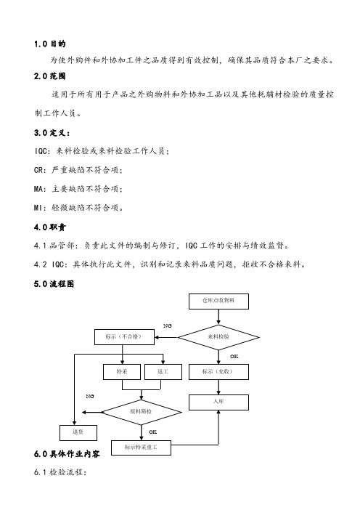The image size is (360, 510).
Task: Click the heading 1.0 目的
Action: coord(49,44)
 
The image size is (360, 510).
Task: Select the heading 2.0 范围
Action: coord(49,76)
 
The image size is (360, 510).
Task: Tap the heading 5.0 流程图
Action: coord(54,284)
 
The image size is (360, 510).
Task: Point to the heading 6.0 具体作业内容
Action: coord(67,454)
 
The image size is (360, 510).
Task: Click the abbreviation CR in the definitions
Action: coord(38,170)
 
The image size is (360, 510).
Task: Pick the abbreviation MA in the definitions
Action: coord(38,189)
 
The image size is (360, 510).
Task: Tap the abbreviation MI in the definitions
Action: coord(38,208)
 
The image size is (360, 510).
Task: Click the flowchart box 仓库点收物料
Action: coord(218,301)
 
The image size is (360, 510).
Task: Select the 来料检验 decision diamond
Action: coord(218,337)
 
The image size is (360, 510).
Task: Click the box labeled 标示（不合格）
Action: coord(124,337)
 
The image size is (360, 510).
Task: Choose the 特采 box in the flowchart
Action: coord(122,372)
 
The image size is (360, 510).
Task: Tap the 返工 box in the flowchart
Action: coord(163,372)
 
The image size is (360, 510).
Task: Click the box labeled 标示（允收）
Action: coord(218,372)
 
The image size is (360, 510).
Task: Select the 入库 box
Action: coord(218,402)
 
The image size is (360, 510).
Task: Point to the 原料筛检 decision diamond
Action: coord(142,412)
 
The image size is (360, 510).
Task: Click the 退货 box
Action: coord(78,432)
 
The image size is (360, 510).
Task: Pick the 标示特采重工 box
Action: coord(141,448)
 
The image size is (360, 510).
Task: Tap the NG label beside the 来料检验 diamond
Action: coord(168,325)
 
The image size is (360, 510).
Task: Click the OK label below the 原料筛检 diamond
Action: coord(152,432)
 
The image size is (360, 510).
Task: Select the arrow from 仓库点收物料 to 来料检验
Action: coord(218,317)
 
